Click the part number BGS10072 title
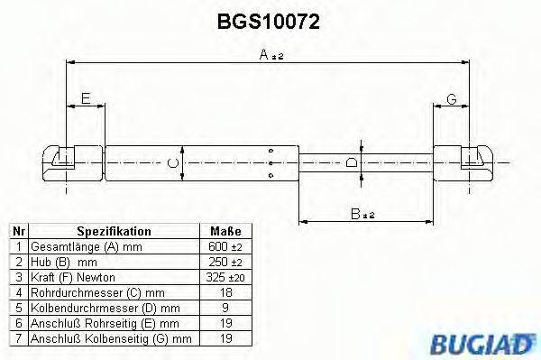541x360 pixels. click(269, 19)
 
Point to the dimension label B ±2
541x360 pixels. click(364, 214)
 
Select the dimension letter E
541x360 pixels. click(85, 100)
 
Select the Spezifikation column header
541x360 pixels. click(114, 231)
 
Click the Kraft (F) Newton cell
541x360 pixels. click(72, 277)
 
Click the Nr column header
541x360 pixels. click(17, 231)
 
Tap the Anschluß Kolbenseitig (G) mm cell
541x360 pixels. click(109, 338)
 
